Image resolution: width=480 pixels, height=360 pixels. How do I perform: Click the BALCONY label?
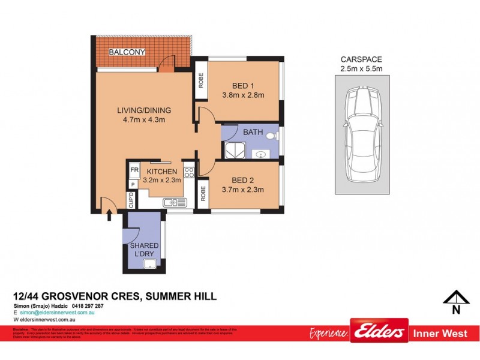[127, 52]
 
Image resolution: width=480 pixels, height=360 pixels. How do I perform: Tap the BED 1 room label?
[244, 85]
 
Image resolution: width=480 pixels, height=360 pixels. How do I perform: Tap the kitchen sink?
[172, 202]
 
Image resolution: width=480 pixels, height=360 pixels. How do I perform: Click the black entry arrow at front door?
[109, 214]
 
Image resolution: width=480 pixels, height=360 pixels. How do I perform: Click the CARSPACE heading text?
[361, 59]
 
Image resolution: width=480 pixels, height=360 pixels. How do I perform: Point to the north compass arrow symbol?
[456, 298]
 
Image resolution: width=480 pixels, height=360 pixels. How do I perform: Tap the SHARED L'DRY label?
[144, 250]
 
